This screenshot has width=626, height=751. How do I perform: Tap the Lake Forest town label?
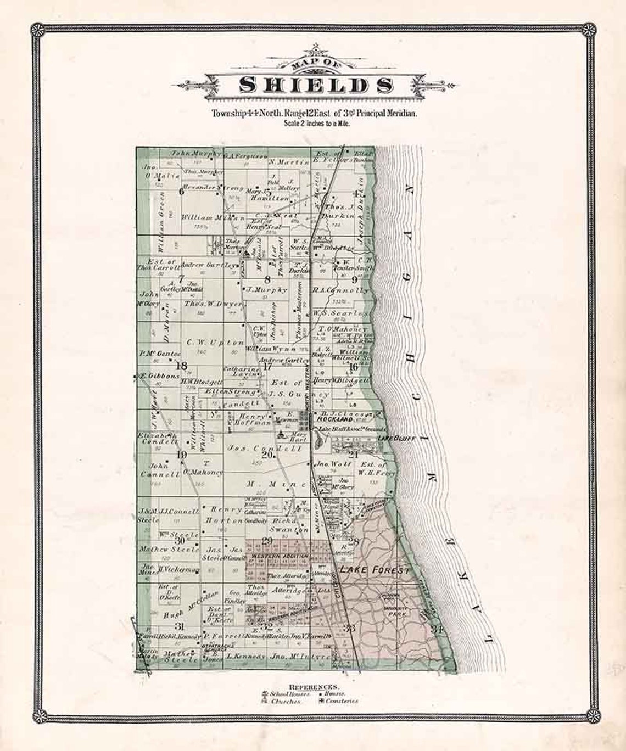[375, 570]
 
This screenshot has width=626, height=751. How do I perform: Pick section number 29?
[268, 542]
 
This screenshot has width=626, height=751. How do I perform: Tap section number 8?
[268, 279]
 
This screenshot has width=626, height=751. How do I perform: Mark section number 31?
[178, 626]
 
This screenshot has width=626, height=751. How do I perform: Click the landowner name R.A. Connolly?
[340, 290]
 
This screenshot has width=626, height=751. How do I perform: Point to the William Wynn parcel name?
[271, 349]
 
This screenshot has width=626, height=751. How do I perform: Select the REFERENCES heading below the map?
[314, 687]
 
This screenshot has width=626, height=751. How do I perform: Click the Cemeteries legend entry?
[341, 700]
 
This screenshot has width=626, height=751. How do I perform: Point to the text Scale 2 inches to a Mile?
[316, 124]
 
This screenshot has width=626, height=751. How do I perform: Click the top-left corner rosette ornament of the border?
[37, 30]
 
